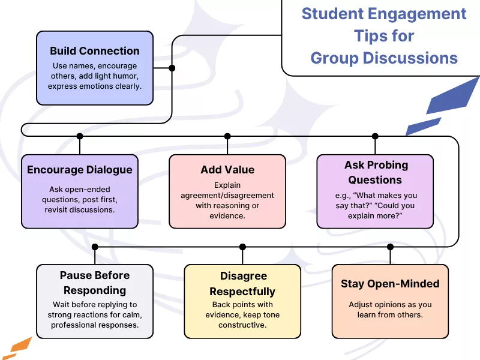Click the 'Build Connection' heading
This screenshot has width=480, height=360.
click(95, 51)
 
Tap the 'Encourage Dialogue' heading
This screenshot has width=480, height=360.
click(80, 170)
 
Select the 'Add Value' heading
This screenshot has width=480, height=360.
click(227, 170)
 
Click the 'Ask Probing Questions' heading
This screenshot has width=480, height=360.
click(376, 172)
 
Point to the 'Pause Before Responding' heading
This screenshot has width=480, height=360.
click(95, 283)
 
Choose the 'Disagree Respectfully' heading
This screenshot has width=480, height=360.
click(242, 284)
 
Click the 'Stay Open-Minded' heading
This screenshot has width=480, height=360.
click(390, 284)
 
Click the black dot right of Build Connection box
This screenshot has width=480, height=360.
click(172, 68)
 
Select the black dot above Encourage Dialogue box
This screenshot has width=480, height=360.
click(80, 136)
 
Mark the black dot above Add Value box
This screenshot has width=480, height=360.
click(227, 136)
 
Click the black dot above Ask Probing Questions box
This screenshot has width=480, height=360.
click(376, 136)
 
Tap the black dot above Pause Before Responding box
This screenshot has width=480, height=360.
click(95, 247)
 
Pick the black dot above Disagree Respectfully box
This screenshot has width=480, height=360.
click(242, 247)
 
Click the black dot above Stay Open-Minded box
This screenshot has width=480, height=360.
click(390, 247)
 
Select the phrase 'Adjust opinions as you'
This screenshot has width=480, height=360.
click(390, 305)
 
